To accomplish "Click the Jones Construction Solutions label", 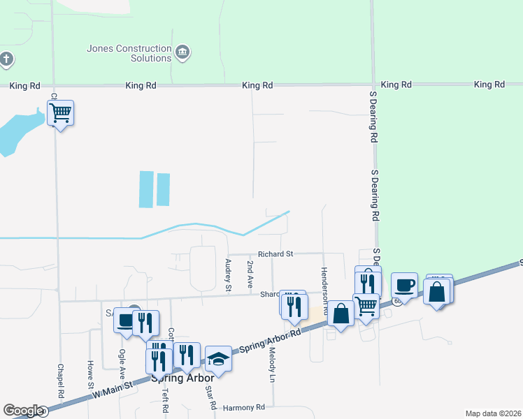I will [129, 53].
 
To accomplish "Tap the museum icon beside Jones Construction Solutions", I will [184, 52].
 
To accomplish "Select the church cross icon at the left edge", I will [6, 59].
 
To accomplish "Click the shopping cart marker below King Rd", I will [61, 113].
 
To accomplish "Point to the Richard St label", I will [275, 254].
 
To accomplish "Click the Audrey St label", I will [228, 274].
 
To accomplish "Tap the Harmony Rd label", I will [243, 407].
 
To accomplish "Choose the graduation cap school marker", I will [218, 360].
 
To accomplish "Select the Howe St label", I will [90, 375].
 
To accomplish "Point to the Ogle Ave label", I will [122, 363].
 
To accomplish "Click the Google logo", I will [23, 411].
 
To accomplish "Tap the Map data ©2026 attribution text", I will [493, 413].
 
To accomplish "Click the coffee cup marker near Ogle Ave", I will [126, 321].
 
